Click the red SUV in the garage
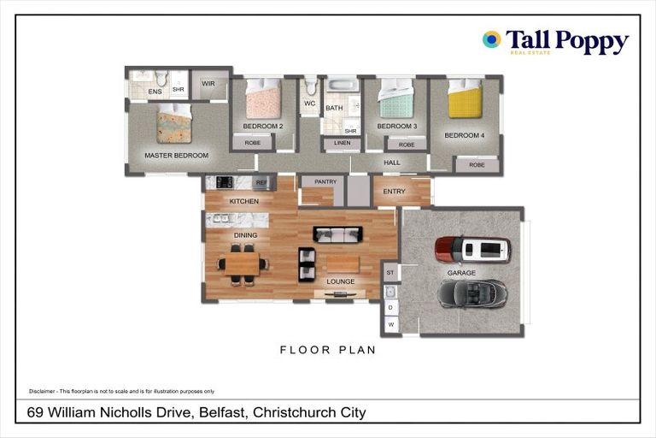[472, 249]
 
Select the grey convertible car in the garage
[472, 293]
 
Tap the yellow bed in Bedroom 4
[466, 100]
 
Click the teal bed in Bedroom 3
[396, 99]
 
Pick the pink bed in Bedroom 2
[263, 100]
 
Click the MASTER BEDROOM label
[176, 155]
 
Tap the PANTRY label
[325, 181]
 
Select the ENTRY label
[395, 192]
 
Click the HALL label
[392, 162]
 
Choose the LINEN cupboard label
[342, 143]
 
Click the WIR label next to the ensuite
[208, 84]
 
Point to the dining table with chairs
[243, 263]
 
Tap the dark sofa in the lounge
[338, 234]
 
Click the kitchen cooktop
[225, 181]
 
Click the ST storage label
[390, 272]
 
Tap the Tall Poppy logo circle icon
[491, 39]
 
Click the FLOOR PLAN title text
[328, 350]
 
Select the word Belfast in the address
[222, 412]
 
